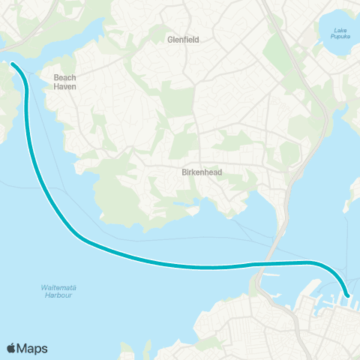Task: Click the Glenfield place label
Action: point(183,40)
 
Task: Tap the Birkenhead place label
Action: point(202,171)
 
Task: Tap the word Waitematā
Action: point(57,288)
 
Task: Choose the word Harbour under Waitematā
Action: point(57,296)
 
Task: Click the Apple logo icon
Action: point(12,348)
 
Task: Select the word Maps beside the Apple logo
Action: point(33,348)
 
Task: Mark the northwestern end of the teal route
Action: point(13,64)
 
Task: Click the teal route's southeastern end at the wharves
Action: point(347,295)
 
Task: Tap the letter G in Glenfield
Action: point(170,40)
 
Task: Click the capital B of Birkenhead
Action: point(184,171)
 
